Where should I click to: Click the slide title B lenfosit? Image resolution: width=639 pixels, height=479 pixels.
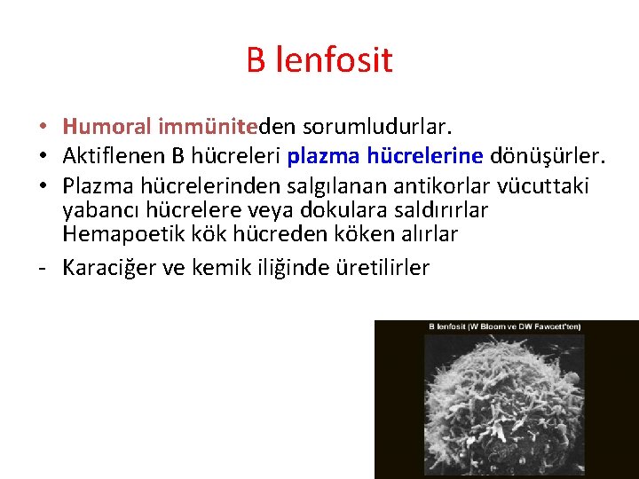coord(319,60)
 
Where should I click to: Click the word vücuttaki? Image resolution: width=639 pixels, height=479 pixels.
coord(544,186)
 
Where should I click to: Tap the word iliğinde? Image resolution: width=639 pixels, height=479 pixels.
coord(300,267)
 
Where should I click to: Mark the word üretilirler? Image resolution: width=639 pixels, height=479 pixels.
coord(383,267)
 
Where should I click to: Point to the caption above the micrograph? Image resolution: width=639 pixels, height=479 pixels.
coord(505,326)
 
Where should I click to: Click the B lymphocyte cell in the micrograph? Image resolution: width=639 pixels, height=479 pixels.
coord(497,408)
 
